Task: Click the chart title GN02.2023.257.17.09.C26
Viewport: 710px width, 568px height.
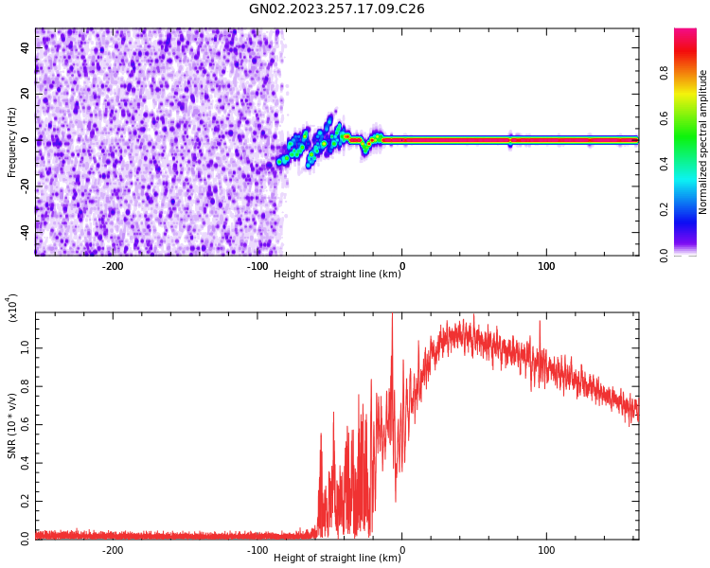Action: coord(337,9)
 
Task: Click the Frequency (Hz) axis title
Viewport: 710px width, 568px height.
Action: coord(12,142)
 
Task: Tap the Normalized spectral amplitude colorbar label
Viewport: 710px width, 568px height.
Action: coord(703,142)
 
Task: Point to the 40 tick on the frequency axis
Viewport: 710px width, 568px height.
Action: coord(25,48)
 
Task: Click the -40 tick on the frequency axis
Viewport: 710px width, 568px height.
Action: coord(23,230)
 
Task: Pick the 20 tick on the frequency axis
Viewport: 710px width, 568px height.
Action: coord(25,94)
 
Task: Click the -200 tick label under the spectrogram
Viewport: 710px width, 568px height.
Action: coord(113,266)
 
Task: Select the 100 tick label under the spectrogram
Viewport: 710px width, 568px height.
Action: coord(546,266)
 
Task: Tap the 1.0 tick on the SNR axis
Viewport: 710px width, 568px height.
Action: coord(25,348)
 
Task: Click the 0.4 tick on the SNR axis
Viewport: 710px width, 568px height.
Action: coord(25,463)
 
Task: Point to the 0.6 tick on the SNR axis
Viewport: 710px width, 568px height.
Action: coord(25,425)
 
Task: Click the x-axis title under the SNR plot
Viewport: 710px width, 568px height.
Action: coord(337,558)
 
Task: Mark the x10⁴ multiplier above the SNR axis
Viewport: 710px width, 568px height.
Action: coord(12,308)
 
